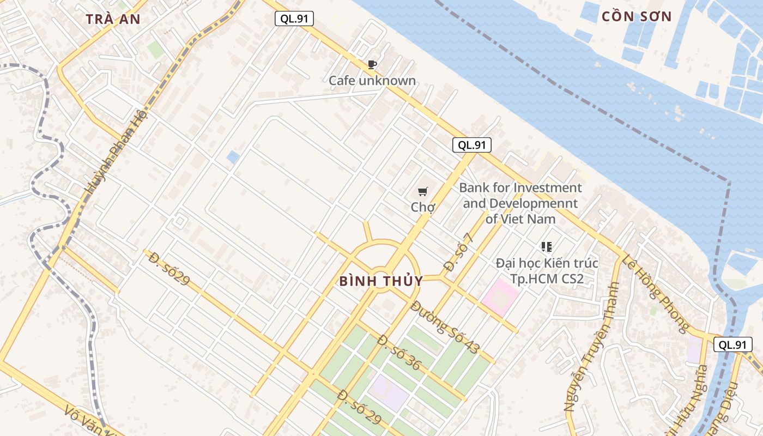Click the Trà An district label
113,19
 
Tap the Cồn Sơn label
637,16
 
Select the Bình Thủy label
381,281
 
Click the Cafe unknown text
372,81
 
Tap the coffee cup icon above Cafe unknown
372,65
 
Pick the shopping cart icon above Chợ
422,191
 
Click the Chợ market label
423,207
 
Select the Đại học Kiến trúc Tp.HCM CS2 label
547,271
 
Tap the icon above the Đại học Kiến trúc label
547,247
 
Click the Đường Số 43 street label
444,327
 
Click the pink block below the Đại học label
500,295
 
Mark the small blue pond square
233,158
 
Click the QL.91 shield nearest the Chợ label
471,145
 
